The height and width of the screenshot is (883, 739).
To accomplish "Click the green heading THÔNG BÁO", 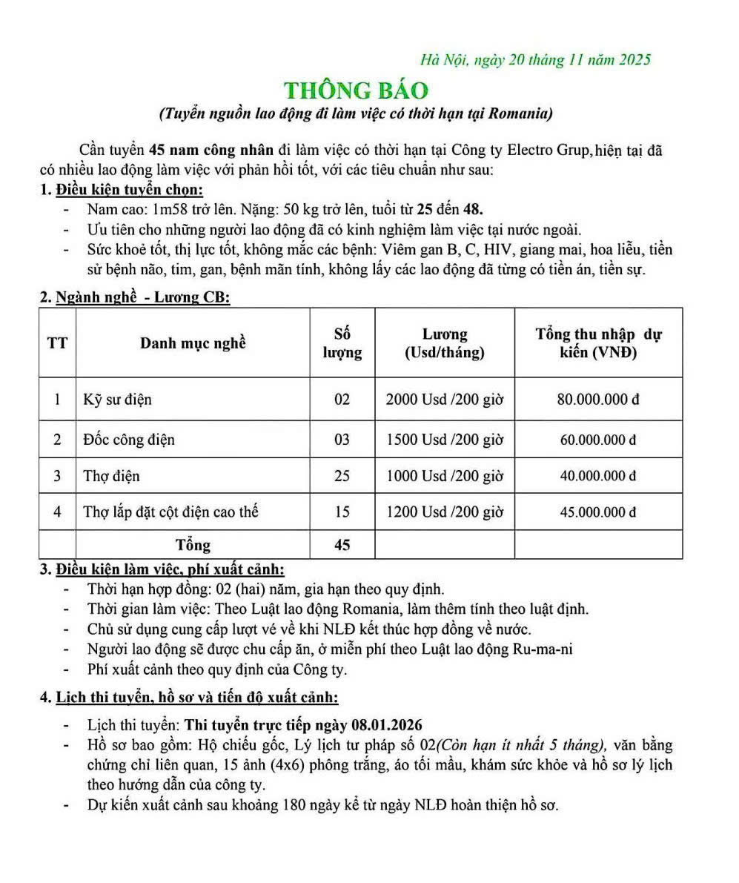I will (x=356, y=90).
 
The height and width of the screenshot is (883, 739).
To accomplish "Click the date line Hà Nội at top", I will (x=535, y=60).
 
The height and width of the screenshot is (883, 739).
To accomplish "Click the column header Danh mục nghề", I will (x=193, y=343).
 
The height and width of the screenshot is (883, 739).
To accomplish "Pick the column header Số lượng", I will (x=342, y=343).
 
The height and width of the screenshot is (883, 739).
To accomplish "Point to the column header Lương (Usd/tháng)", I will (x=444, y=343).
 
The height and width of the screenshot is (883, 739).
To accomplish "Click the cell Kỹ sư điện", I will (x=117, y=400).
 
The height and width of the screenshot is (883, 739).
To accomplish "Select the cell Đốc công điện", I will (x=129, y=440).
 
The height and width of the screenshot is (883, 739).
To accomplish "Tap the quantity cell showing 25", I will (x=342, y=476).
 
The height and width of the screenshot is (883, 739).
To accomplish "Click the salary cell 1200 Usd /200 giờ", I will (x=444, y=512).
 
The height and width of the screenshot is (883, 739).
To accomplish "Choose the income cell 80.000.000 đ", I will (x=598, y=400).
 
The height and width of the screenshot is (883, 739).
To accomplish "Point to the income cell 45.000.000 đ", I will (x=598, y=512).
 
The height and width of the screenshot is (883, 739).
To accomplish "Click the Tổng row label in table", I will (x=193, y=545).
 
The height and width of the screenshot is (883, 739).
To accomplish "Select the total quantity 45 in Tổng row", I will (x=342, y=545).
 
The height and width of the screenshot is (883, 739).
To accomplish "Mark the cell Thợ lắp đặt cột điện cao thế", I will (x=170, y=512).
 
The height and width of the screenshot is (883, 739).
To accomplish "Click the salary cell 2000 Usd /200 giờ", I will (x=444, y=400).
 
